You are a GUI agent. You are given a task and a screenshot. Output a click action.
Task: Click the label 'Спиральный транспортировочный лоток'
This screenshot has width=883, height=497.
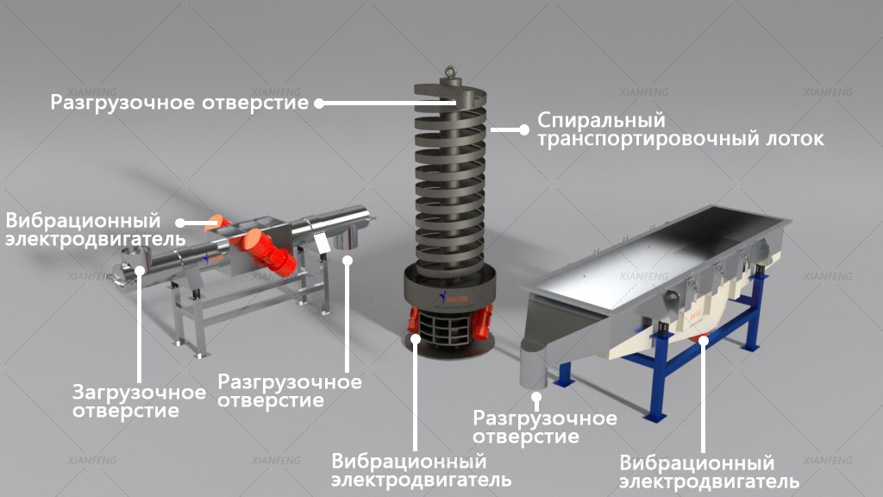click(x=680, y=129)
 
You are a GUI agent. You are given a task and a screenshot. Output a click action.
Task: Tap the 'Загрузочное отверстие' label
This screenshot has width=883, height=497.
click(x=139, y=400)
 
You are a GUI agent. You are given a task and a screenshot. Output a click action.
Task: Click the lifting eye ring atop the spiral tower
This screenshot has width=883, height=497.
click(x=450, y=72)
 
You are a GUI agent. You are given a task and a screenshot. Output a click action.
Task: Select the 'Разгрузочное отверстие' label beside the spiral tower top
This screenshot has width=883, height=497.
click(x=179, y=103)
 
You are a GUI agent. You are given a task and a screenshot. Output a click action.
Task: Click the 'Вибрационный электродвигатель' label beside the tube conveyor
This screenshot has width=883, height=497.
click(x=95, y=230)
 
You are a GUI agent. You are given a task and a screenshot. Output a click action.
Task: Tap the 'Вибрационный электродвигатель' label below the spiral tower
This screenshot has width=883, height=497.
click(x=421, y=470)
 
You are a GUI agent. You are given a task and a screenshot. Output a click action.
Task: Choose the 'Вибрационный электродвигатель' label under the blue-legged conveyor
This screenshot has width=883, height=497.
click(x=709, y=472)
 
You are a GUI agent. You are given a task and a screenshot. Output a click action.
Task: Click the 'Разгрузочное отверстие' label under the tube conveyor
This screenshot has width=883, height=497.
click(x=290, y=391)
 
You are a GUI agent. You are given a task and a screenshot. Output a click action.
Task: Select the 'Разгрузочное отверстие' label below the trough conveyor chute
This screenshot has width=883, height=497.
click(x=545, y=426)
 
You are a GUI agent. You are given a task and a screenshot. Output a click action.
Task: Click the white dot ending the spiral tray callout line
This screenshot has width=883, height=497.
click(x=524, y=129)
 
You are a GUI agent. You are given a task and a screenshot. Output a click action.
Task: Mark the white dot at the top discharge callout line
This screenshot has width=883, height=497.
click(x=319, y=104)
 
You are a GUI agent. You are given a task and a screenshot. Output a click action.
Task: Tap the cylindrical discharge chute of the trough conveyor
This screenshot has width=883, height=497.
click(x=533, y=368)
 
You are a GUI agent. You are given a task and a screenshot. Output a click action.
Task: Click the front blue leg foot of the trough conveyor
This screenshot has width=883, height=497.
click(x=655, y=417)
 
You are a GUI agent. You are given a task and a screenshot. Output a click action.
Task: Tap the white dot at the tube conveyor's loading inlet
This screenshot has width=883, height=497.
click(x=140, y=271)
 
